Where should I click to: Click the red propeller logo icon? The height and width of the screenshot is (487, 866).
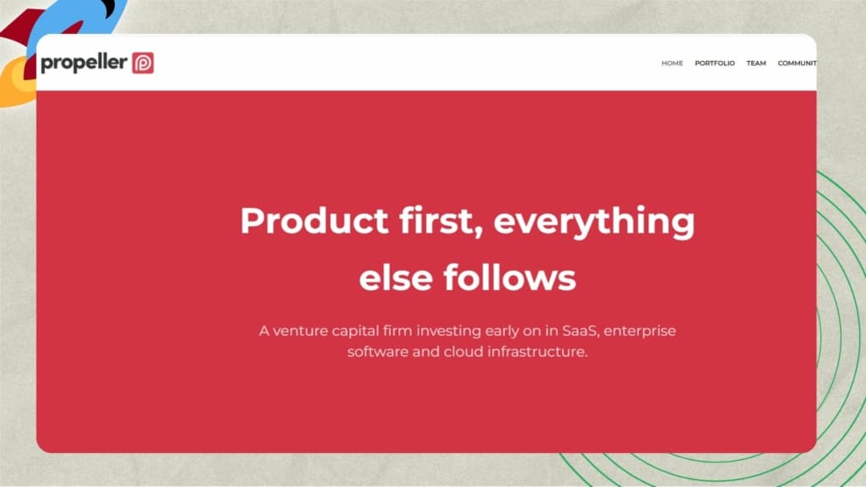[143, 63]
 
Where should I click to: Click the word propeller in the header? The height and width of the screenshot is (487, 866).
[84, 63]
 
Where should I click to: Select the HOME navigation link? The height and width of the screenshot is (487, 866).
[672, 63]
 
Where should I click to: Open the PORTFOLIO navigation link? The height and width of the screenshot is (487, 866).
[715, 63]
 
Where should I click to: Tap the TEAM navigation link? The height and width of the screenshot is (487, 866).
[756, 63]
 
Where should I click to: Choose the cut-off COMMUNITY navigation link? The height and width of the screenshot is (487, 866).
[797, 63]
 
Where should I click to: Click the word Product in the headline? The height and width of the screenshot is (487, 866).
[315, 221]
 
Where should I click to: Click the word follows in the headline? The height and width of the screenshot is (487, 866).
[510, 276]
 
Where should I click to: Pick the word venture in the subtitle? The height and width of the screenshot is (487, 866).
[301, 331]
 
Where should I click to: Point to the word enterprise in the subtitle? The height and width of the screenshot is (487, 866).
[639, 331]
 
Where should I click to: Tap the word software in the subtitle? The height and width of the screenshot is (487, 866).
[378, 352]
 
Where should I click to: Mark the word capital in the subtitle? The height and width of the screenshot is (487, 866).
[356, 331]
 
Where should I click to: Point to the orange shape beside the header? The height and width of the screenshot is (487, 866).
[18, 83]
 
